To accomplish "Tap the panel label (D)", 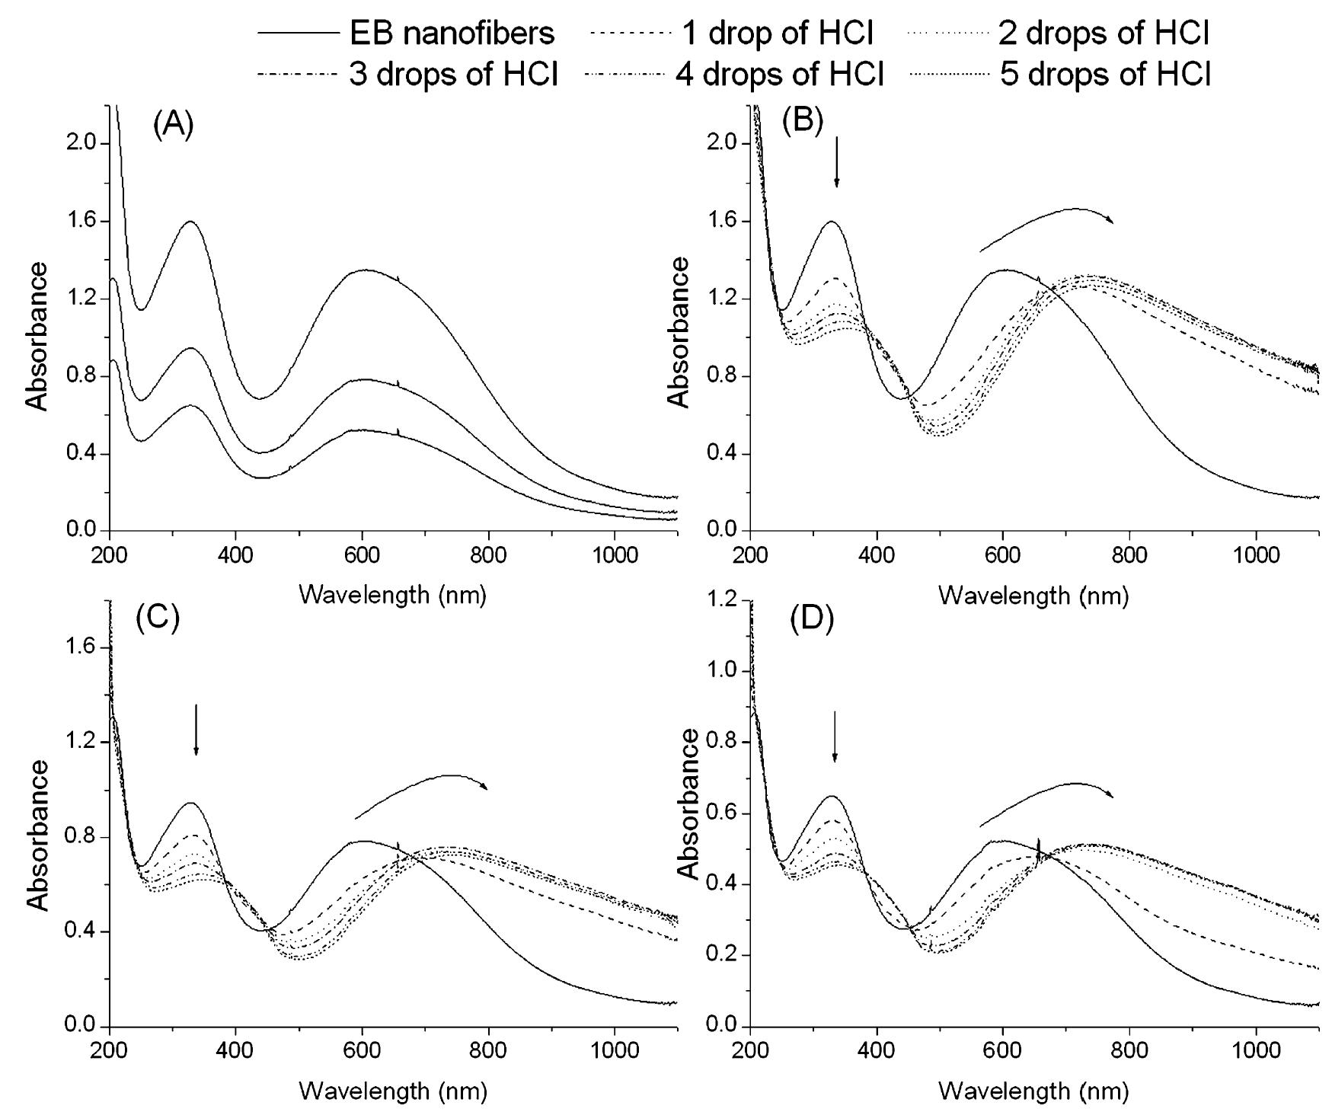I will coord(812,619).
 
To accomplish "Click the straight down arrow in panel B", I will coord(837,161).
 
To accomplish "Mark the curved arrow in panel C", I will coord(423,792).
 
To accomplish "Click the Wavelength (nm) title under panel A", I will coord(392,595).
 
